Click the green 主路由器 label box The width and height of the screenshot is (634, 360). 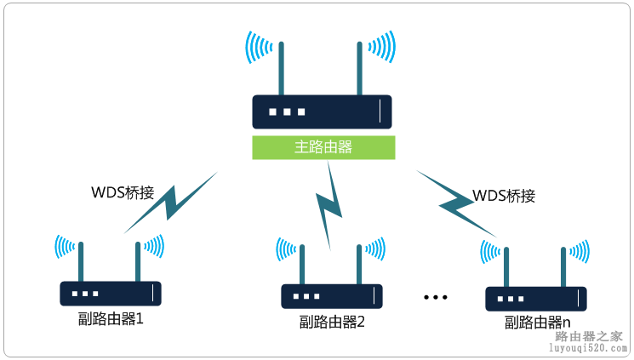pyautogui.click(x=323, y=147)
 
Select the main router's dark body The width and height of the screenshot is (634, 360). pyautogui.click(x=322, y=111)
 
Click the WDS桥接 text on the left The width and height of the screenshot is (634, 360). pyautogui.click(x=123, y=192)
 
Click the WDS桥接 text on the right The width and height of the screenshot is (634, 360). pyautogui.click(x=504, y=195)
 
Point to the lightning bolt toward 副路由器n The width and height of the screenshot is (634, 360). pyautogui.click(x=456, y=203)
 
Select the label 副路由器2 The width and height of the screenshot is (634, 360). pyautogui.click(x=332, y=322)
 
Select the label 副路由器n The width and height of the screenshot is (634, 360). pyautogui.click(x=537, y=323)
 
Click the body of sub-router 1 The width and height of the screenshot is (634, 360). pyautogui.click(x=110, y=294)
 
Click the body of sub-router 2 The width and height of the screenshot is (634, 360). pyautogui.click(x=331, y=296)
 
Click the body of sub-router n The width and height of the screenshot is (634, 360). pyautogui.click(x=536, y=299)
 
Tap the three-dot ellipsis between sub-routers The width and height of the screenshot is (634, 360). pyautogui.click(x=435, y=297)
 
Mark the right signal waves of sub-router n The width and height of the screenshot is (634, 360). pyautogui.click(x=580, y=250)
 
